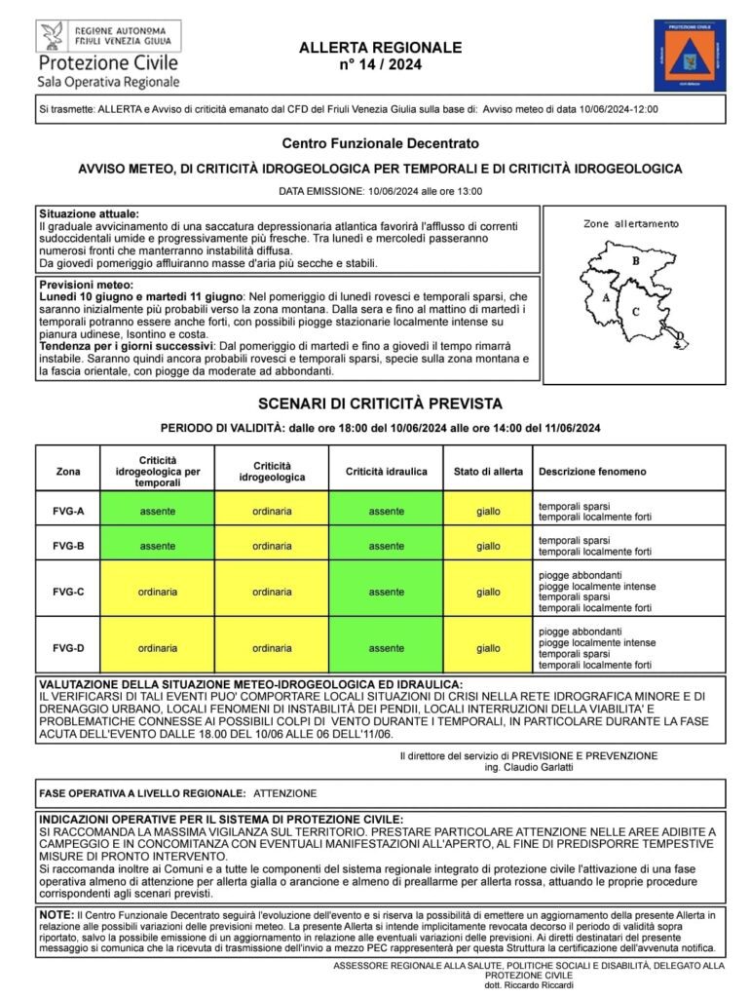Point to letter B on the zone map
[634, 260]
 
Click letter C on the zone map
[635, 311]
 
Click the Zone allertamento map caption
[631, 223]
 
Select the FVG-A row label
[68, 511]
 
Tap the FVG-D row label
[68, 647]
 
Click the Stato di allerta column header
[488, 472]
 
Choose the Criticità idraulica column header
[386, 472]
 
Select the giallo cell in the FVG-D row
[488, 647]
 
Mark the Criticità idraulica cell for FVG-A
[386, 511]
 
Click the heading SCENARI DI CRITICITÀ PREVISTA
[380, 403]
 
